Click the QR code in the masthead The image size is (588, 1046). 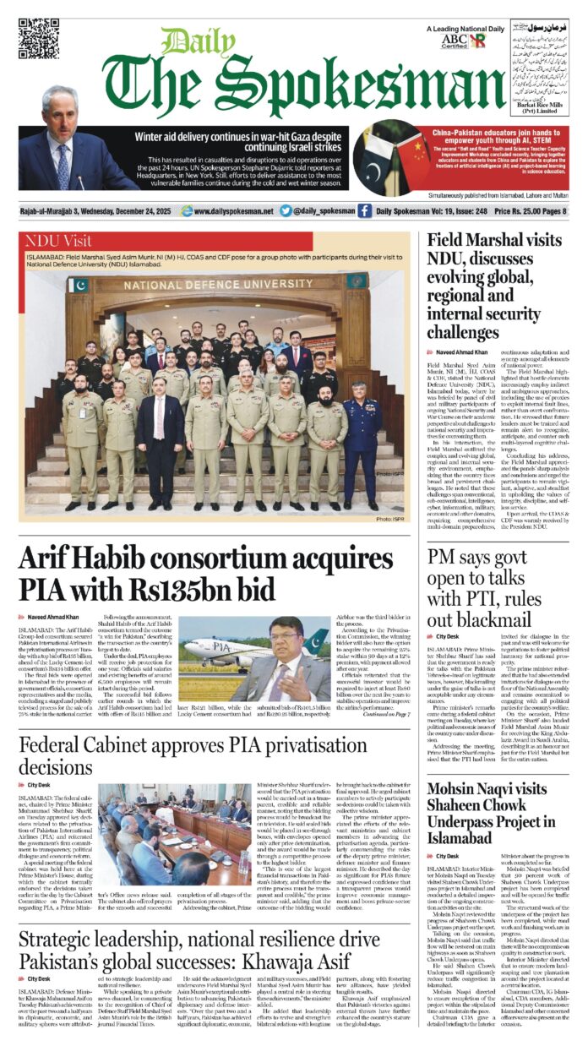(39, 40)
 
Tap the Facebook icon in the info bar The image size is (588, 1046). (364, 211)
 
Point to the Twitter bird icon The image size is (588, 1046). (286, 211)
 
